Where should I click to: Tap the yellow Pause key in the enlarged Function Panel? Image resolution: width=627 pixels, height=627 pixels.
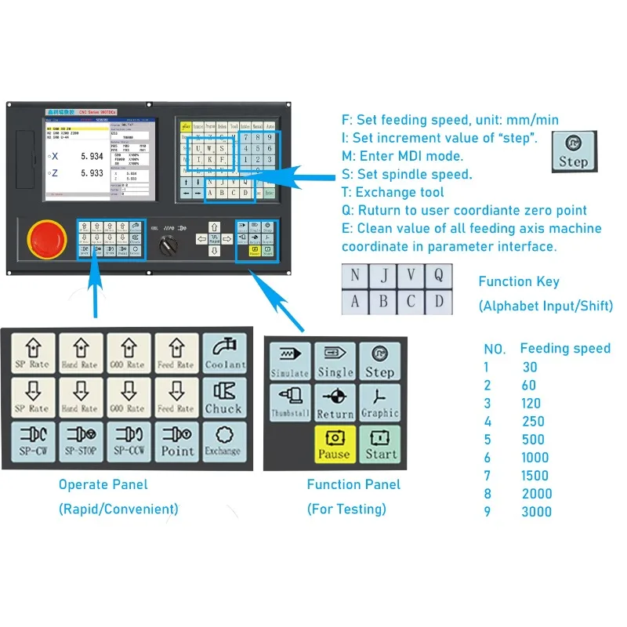pos(335,444)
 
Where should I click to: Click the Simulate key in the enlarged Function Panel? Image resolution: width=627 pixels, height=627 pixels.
pos(290,361)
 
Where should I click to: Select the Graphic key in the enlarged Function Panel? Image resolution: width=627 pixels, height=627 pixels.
pos(379,401)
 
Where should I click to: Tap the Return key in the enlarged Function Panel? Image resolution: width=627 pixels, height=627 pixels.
pos(335,401)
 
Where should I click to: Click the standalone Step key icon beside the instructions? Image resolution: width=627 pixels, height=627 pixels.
pos(573,151)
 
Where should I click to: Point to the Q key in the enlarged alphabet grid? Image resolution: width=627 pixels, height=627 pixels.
pos(439,275)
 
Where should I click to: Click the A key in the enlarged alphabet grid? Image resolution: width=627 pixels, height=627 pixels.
pos(356,301)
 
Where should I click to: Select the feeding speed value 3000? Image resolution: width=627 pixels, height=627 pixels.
pos(537,512)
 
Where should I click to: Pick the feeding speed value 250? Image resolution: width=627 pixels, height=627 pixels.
pos(533,422)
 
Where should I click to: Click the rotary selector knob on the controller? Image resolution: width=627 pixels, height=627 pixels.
pos(169,245)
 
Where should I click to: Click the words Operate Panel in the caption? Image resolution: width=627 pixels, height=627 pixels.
pos(103,484)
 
